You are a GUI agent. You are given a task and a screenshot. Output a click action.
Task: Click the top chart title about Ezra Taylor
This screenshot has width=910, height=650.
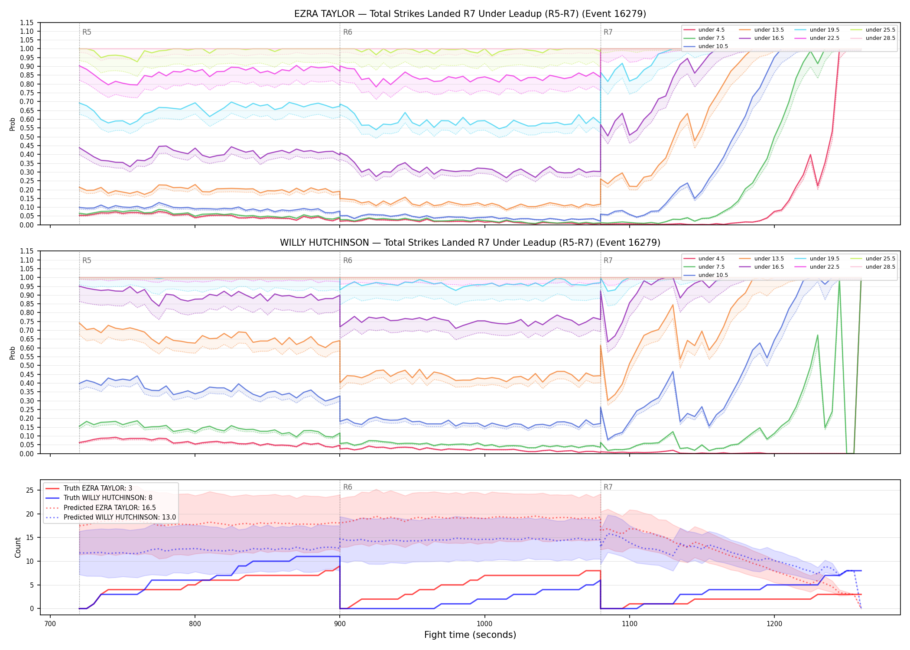pos(470,14)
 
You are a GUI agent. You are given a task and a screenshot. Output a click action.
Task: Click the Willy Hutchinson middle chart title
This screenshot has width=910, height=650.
pos(470,243)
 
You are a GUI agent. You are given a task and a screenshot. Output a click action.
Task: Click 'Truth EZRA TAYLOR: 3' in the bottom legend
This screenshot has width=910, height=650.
pos(98,488)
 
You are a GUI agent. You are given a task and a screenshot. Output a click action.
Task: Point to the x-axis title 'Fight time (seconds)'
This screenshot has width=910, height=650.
pos(470,635)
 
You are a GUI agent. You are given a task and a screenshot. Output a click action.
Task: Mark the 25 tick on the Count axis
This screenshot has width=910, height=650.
pos(30,491)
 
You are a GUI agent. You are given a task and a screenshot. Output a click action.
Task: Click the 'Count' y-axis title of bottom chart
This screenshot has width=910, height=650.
pos(18,547)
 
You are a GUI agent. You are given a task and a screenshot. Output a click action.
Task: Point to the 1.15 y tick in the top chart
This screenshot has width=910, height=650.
pos(27,23)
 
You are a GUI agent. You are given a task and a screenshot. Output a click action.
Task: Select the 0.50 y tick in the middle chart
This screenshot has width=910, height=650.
pos(27,365)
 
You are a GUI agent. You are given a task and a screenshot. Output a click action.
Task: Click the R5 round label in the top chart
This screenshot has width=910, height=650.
pos(87,32)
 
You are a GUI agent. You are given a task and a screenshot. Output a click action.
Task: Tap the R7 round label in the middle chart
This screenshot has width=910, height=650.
pos(608,260)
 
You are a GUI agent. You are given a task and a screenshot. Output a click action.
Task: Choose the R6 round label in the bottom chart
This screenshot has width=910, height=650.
pos(348,487)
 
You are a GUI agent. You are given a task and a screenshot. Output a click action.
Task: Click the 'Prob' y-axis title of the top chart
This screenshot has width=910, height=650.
pos(13,124)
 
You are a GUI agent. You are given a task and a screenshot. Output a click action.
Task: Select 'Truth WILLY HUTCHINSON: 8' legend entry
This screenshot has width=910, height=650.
pos(108,498)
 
